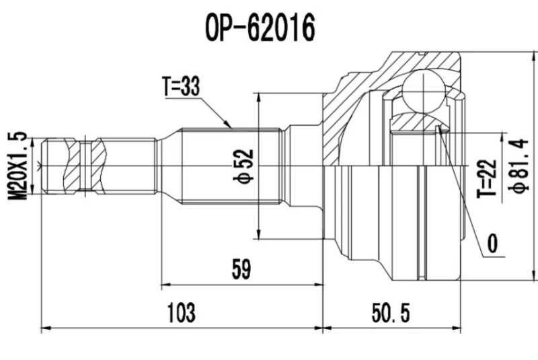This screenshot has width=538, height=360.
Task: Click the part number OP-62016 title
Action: pyautogui.click(x=259, y=28)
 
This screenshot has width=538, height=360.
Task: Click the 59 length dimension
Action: pyautogui.click(x=240, y=269)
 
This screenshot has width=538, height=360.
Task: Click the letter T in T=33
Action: pyautogui.click(x=166, y=87)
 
